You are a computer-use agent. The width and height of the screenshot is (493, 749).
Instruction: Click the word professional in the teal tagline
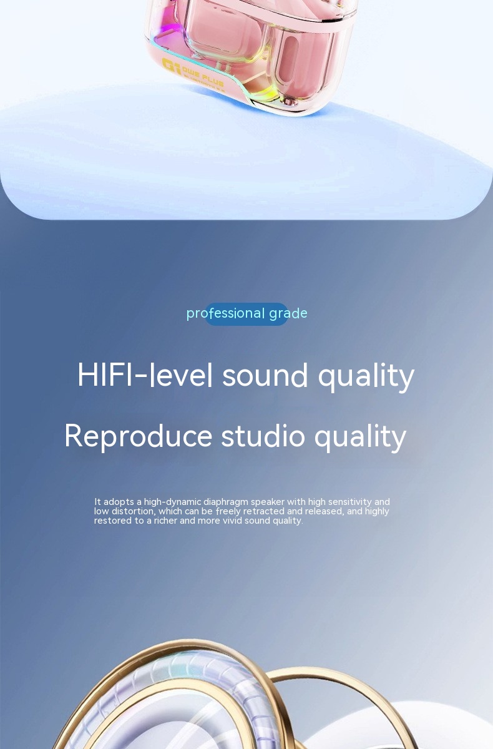tap(225, 313)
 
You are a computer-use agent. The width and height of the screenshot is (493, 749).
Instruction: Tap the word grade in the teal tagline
tap(288, 313)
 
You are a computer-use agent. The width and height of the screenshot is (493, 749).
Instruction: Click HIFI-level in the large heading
tap(145, 375)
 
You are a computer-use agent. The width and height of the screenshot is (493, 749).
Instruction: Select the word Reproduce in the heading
tap(138, 436)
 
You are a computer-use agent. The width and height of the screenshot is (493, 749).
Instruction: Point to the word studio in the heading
tap(263, 436)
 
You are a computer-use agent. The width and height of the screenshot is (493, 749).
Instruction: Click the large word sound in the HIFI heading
tap(265, 375)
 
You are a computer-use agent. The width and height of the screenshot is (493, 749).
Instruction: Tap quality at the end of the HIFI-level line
tap(366, 377)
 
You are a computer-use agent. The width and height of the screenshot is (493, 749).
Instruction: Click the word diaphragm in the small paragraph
tap(226, 502)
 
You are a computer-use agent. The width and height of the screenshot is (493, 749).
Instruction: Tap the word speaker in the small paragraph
tap(267, 502)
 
